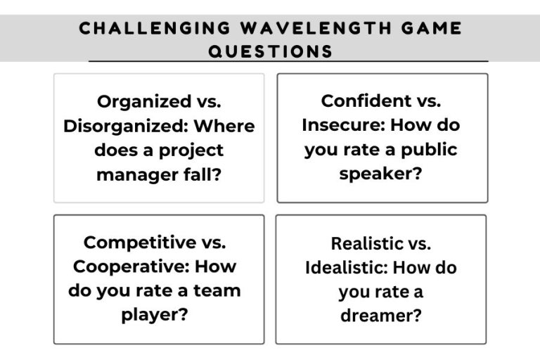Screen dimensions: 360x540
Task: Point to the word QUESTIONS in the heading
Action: pos(270,51)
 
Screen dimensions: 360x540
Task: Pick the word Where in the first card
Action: pos(224,126)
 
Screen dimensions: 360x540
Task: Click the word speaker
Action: pos(380,173)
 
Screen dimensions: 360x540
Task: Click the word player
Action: pos(155,314)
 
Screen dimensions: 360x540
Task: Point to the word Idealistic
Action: pos(346,267)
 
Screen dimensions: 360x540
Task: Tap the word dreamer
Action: pos(380,315)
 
